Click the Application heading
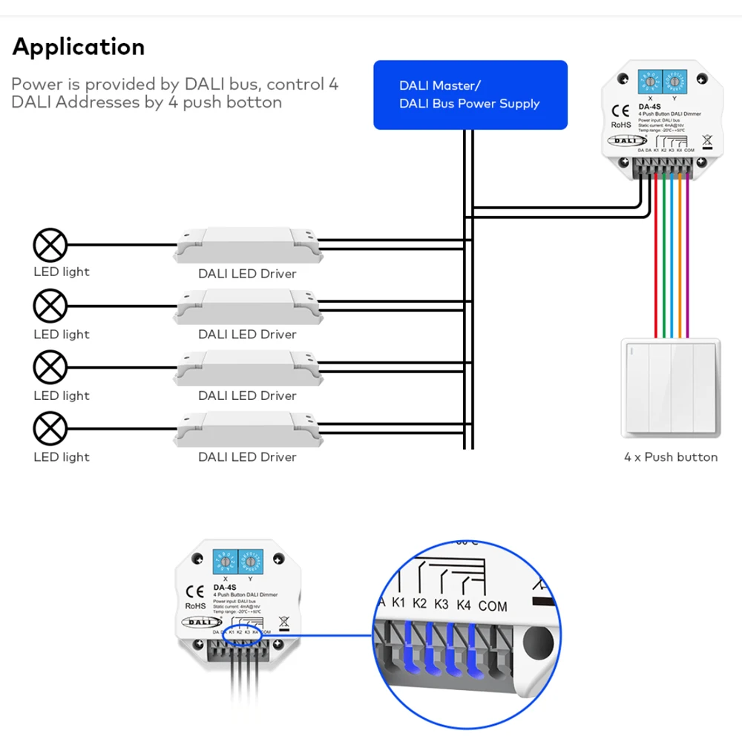[x=79, y=47]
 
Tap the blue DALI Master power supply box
[x=470, y=95]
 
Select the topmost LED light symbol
[x=50, y=244]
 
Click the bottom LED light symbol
[x=50, y=429]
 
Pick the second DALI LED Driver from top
[x=247, y=306]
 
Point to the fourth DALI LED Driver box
[x=247, y=429]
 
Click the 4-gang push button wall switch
[x=671, y=387]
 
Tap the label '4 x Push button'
[x=671, y=457]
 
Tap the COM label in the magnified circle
[x=493, y=606]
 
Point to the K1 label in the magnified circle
[x=398, y=603]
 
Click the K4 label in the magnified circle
[x=464, y=605]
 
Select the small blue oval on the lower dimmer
[x=246, y=636]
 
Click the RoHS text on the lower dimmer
[x=195, y=606]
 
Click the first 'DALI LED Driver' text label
[x=247, y=274]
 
